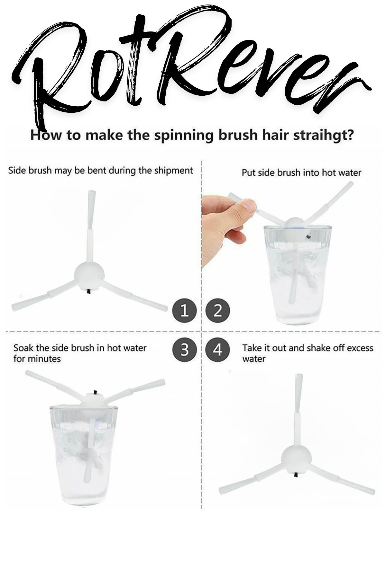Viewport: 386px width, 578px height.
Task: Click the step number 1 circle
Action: click(184, 311)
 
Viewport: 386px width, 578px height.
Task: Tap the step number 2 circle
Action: click(218, 311)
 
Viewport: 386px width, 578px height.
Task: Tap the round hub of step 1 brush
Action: click(89, 275)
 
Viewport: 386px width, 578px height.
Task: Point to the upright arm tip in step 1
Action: click(92, 193)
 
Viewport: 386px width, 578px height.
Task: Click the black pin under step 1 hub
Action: click(88, 291)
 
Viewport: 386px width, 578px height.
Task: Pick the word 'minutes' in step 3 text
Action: click(44, 358)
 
